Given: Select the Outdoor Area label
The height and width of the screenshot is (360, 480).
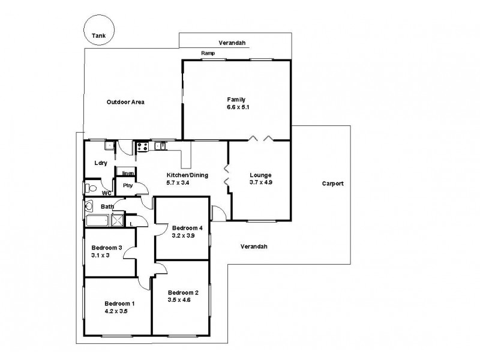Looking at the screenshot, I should tap(125, 102).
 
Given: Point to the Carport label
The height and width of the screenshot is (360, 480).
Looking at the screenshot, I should tap(332, 184).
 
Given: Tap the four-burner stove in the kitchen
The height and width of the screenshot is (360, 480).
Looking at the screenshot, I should tap(142, 145).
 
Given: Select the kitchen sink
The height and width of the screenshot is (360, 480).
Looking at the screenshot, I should tap(161, 145).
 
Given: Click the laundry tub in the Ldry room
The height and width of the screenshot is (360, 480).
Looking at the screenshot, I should tap(109, 145).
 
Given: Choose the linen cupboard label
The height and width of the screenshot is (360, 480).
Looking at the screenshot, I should tap(127, 174).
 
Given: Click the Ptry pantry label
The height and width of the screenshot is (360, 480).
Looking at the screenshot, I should tap(127, 185).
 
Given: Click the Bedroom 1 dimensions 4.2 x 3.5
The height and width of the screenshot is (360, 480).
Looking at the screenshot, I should tap(115, 311).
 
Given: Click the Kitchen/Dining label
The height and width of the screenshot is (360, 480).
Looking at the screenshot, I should tap(187, 175).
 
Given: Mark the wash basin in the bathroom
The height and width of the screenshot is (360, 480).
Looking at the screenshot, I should tap(89, 206).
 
